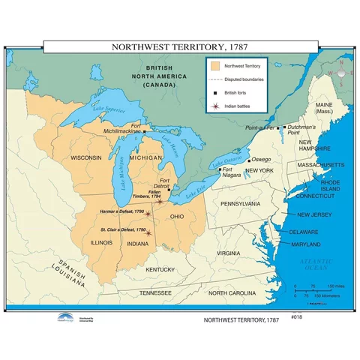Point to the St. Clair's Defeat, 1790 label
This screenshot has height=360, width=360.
coord(123,229)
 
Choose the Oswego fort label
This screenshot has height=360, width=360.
coord(261,160)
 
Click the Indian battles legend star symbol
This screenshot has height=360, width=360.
coord(216,106)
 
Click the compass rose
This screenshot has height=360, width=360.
coord(340,73)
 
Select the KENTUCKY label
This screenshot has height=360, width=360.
coord(160,269)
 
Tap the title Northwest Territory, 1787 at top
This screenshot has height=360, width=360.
coord(180,46)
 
